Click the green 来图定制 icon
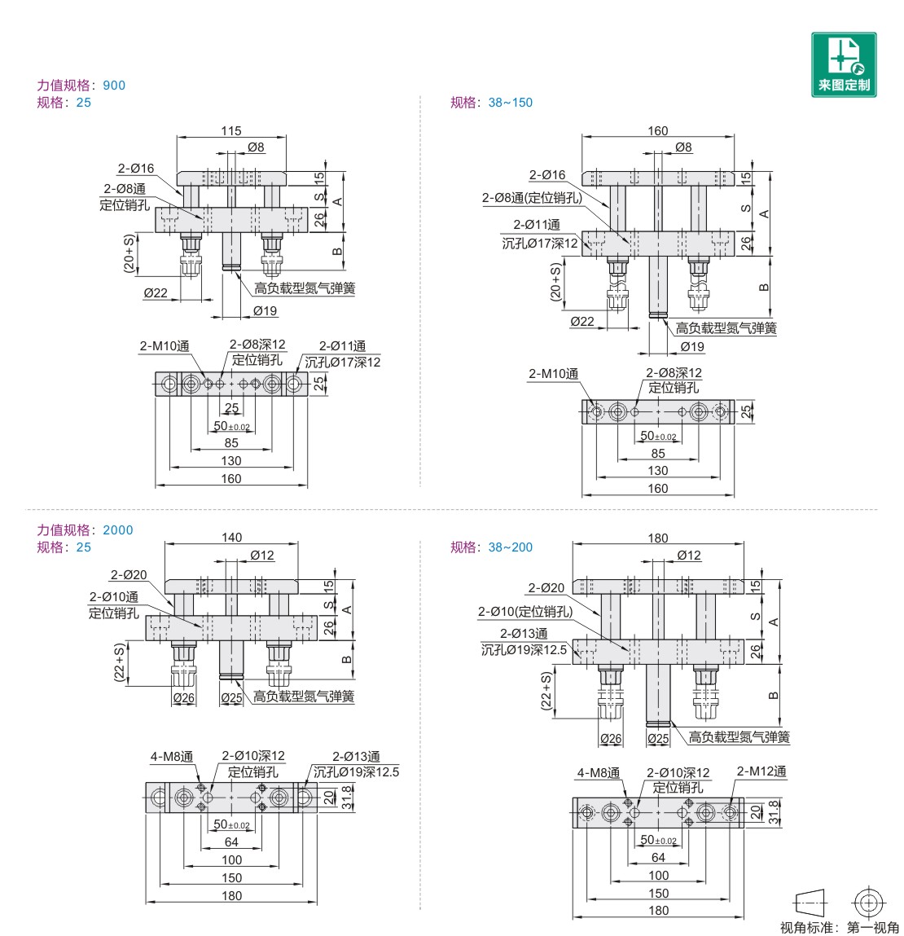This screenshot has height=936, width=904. click(x=844, y=64)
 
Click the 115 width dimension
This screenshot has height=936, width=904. click(x=231, y=130)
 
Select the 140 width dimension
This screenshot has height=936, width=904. click(x=231, y=538)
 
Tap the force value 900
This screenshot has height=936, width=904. click(x=114, y=86)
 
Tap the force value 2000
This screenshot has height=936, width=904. click(x=117, y=530)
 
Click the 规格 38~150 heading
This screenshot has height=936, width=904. click(x=491, y=103)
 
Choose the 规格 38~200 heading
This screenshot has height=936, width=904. click(x=491, y=547)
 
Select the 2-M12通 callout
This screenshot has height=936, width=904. click(x=761, y=771)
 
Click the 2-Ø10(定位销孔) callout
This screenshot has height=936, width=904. click(x=525, y=611)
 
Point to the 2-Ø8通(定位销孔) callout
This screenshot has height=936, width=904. click(x=532, y=198)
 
